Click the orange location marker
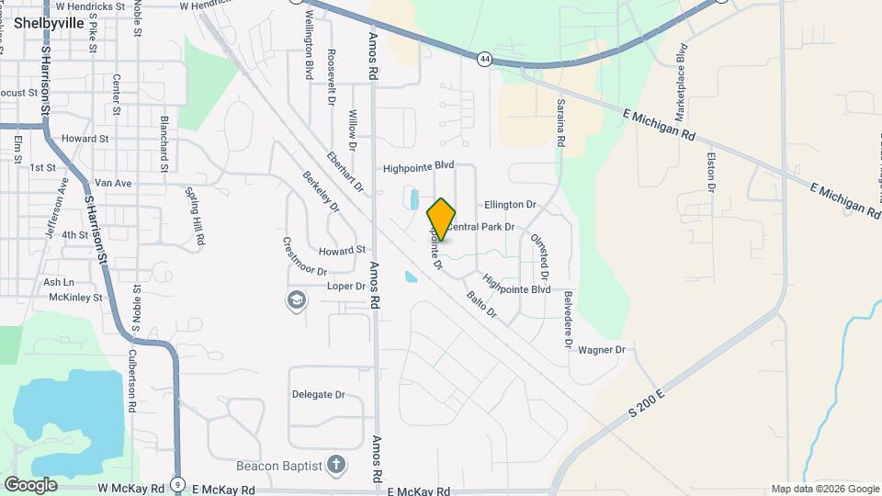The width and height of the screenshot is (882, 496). (x=442, y=219)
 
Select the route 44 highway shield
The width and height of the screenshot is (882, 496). (x=484, y=60)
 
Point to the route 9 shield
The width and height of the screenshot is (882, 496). (x=177, y=484)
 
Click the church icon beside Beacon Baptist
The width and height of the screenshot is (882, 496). (x=336, y=464)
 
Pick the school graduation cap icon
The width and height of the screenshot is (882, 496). (x=297, y=300)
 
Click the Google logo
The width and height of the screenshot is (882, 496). (x=30, y=484)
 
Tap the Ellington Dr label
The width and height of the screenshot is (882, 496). (x=510, y=205)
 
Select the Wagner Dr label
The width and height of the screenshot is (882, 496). (x=602, y=350)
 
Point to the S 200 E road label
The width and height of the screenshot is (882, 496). (x=648, y=403)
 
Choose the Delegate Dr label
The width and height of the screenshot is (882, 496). (x=318, y=395)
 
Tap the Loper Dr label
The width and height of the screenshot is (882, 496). (x=346, y=287)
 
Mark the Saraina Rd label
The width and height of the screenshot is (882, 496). (x=560, y=126)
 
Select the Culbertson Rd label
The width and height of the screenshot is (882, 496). (x=132, y=378)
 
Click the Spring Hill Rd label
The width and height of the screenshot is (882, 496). (x=195, y=217)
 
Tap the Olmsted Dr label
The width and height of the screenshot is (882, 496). (x=538, y=256)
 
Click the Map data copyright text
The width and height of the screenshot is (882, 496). (x=824, y=489)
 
